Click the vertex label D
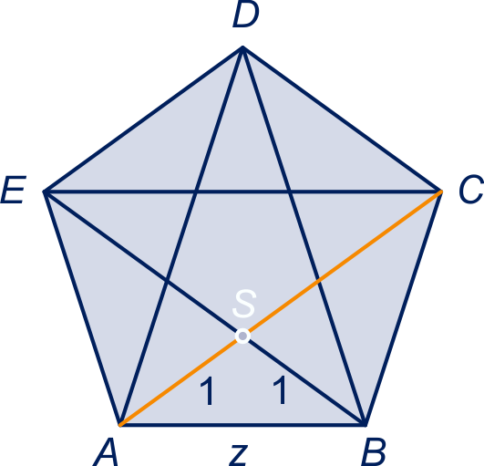coord(246,16)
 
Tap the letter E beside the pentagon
coord(14,190)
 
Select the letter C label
coord(471,190)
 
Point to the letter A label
coord(106,452)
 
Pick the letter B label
coord(374,452)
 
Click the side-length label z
coord(239,455)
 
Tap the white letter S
coord(244,304)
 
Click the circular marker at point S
coord(242,336)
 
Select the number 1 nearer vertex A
coord(208,390)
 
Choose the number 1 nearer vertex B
coord(280,389)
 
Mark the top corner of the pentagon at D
coord(243,47)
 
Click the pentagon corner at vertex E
coord(45,192)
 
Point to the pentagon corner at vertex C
coord(440,192)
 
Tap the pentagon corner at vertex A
coord(120,425)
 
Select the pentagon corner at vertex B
coord(365,425)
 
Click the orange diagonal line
coord(281,308)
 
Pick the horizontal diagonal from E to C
coord(242,192)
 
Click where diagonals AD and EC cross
coord(196,192)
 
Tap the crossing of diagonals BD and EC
coord(290,192)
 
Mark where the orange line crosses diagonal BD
coord(318,280)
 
